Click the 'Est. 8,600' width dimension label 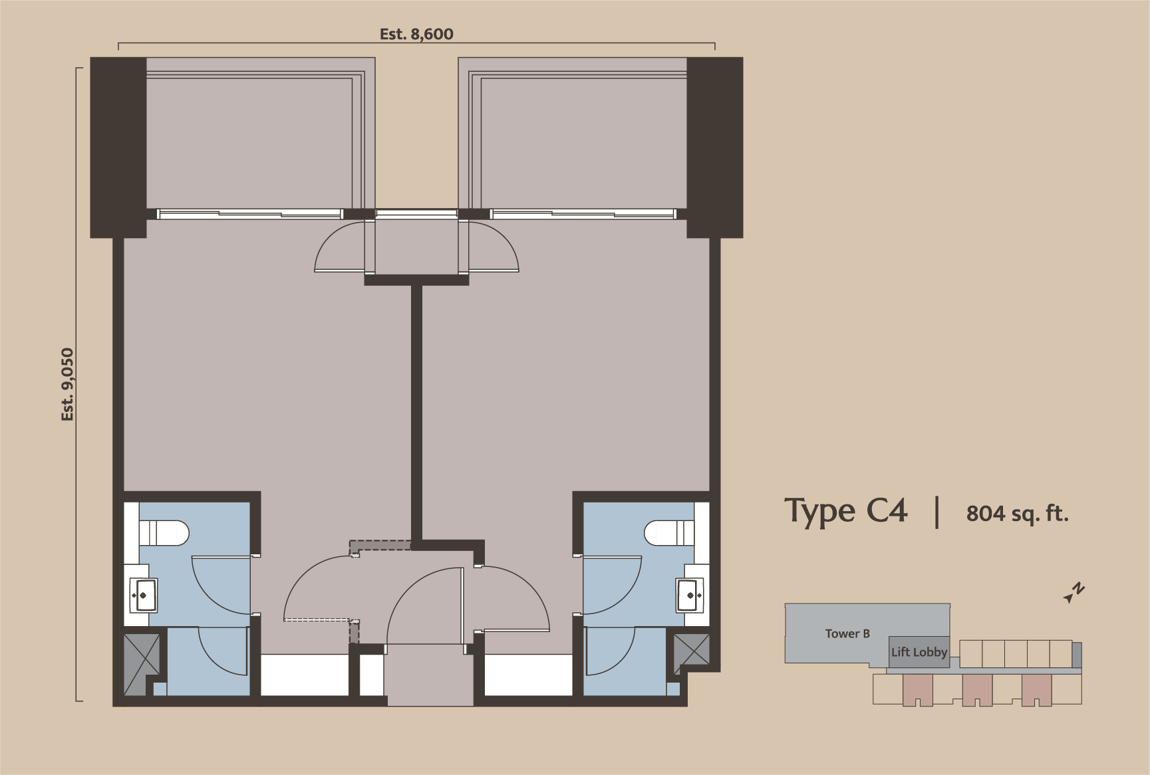click(416, 34)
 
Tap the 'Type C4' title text click(846, 511)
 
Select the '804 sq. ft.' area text click(1017, 514)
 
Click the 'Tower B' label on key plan click(847, 633)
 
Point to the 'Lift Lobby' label click(919, 652)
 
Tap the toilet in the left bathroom click(165, 532)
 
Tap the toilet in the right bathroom click(669, 532)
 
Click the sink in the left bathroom click(144, 596)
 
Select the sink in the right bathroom click(690, 595)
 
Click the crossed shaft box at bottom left click(142, 655)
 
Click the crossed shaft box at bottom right click(692, 651)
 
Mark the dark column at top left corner click(118, 147)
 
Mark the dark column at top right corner click(715, 147)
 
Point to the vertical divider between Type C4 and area click(937, 512)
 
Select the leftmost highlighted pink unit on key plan click(917, 690)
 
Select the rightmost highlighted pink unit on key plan click(1037, 690)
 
